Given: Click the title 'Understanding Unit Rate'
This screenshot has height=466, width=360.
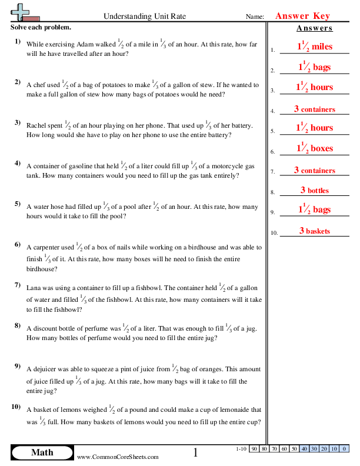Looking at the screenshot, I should tap(144, 16).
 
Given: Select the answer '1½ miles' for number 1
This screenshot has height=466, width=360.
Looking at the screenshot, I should tap(314, 47).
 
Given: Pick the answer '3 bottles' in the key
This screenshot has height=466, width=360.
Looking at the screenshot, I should tap(314, 190).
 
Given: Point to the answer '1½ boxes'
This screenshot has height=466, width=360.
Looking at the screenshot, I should tap(314, 148).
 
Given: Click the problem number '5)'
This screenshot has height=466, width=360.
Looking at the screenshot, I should tap(18, 204).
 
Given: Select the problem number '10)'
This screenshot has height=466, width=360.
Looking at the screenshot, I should tap(17, 407).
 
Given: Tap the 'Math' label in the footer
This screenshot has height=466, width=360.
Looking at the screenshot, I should tap(42, 452).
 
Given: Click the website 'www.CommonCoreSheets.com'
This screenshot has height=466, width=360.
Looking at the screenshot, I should tap(118, 457).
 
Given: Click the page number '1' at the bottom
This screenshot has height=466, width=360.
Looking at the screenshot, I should tap(196, 452).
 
